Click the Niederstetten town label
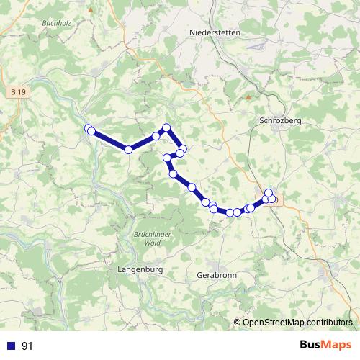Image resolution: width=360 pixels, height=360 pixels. (214, 33)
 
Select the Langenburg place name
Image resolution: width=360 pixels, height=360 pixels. (140, 269)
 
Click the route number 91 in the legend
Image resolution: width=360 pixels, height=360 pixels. (27, 346)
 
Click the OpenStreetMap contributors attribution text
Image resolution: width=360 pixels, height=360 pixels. (297, 323)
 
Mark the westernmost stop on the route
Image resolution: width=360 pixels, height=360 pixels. (89, 129)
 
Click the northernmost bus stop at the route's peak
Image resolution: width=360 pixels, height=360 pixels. (166, 127)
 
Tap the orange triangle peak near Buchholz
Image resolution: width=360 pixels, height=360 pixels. (90, 10)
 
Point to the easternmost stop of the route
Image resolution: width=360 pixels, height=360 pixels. (272, 199)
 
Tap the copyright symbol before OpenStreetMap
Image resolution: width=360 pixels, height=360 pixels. (238, 323)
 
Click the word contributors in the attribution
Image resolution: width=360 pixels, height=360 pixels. (328, 323)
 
